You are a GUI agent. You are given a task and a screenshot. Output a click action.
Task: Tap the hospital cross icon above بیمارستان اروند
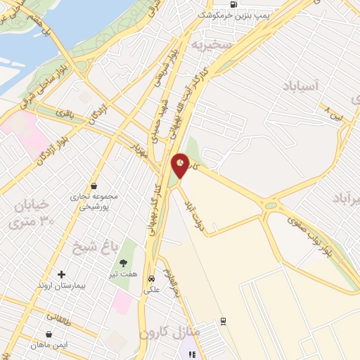pyautogui.click(x=61, y=274)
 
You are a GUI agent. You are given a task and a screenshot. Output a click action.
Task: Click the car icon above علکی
pyautogui.click(x=151, y=278)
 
